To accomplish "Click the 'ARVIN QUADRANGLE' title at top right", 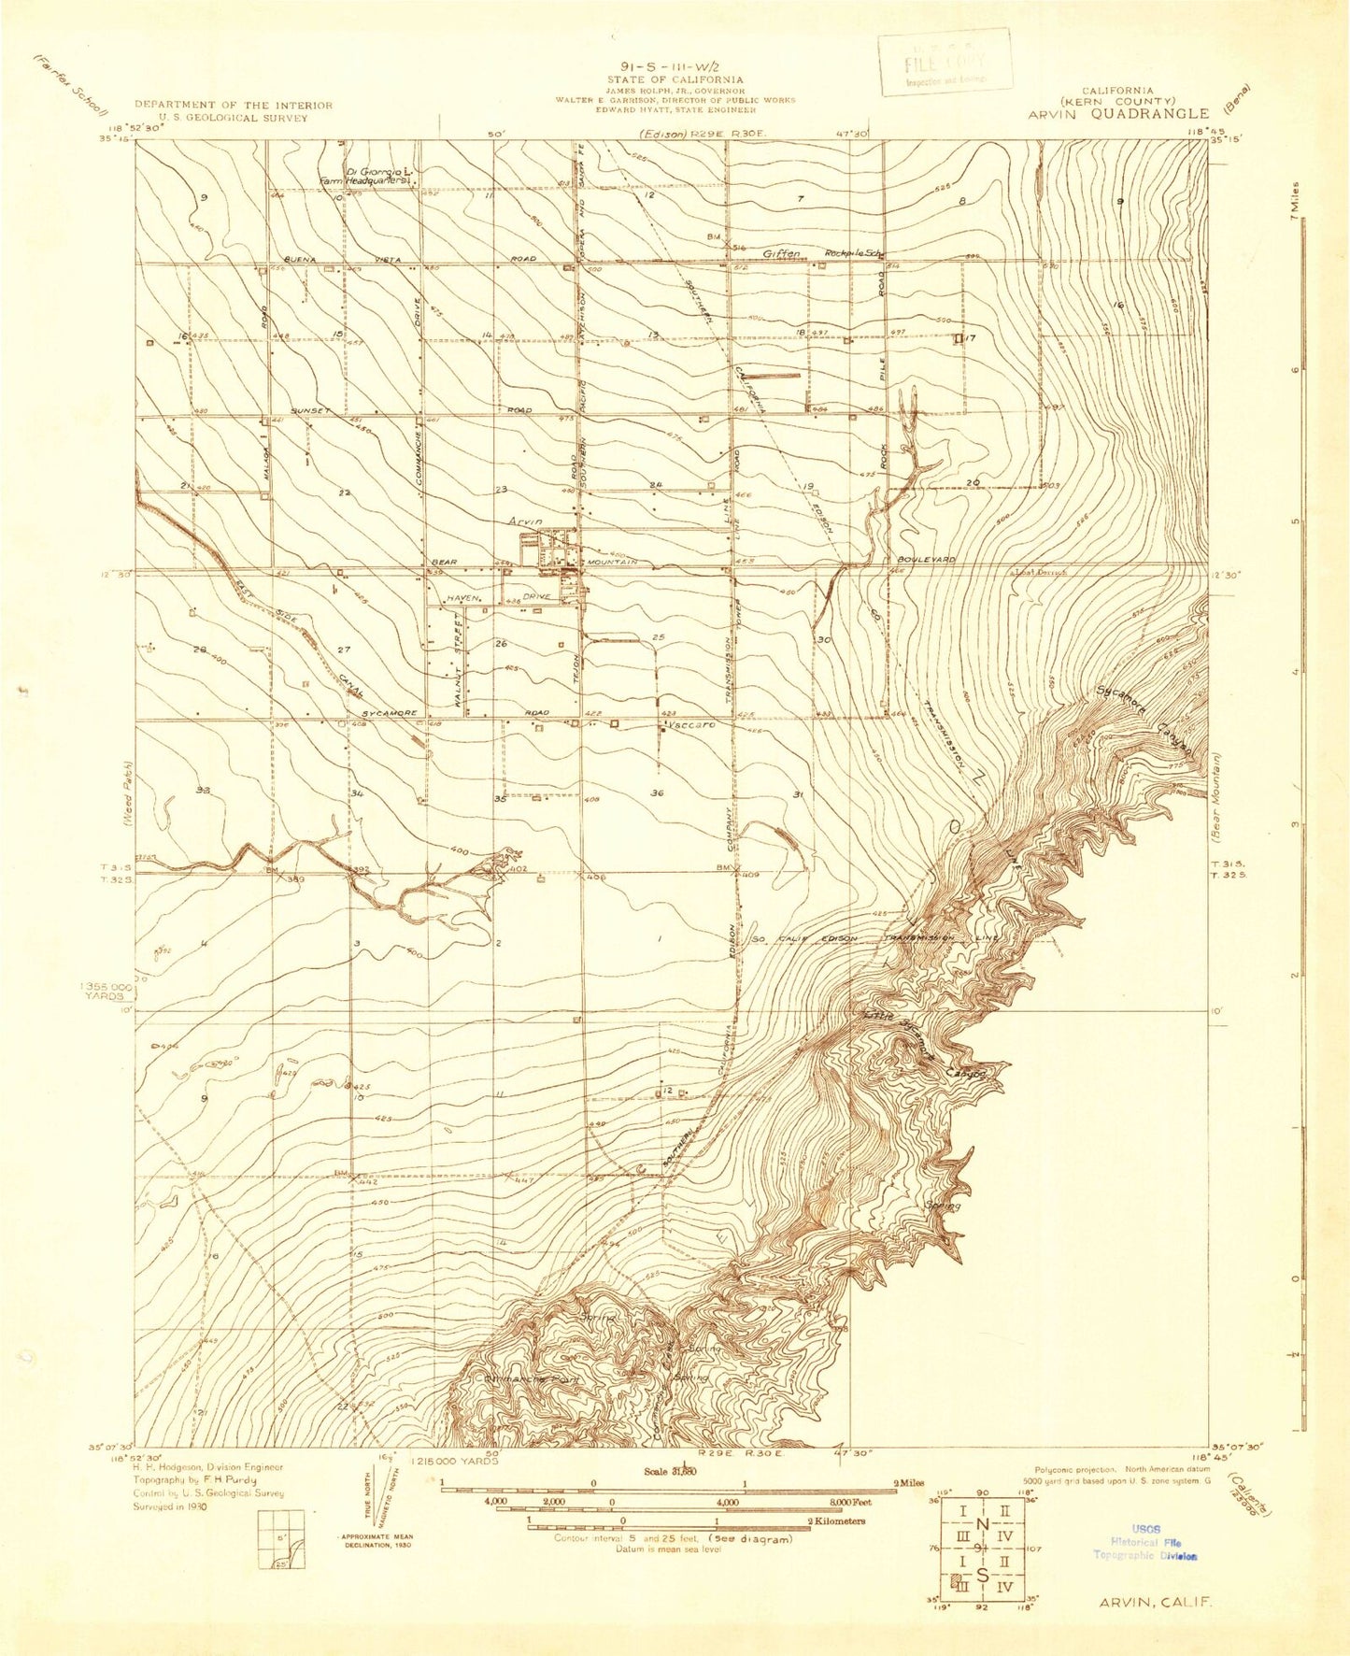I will click(x=1118, y=114).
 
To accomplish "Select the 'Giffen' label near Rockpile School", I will click(x=783, y=253).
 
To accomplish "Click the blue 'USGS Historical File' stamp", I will click(x=1145, y=1542).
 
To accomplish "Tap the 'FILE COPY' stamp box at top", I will click(x=945, y=63).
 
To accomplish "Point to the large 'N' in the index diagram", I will click(x=982, y=1524).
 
